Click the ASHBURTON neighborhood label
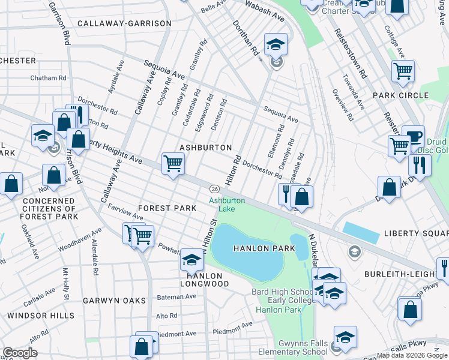pos(205,148)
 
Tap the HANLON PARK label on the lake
pos(256,248)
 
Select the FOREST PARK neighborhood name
pos(167,208)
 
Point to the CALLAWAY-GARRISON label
pos(124,23)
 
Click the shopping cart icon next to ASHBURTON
pos(173,162)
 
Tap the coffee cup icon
pos(413,135)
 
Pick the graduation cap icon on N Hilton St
pos(191,259)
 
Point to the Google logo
pos(20,353)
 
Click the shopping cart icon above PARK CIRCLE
pos(403,71)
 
